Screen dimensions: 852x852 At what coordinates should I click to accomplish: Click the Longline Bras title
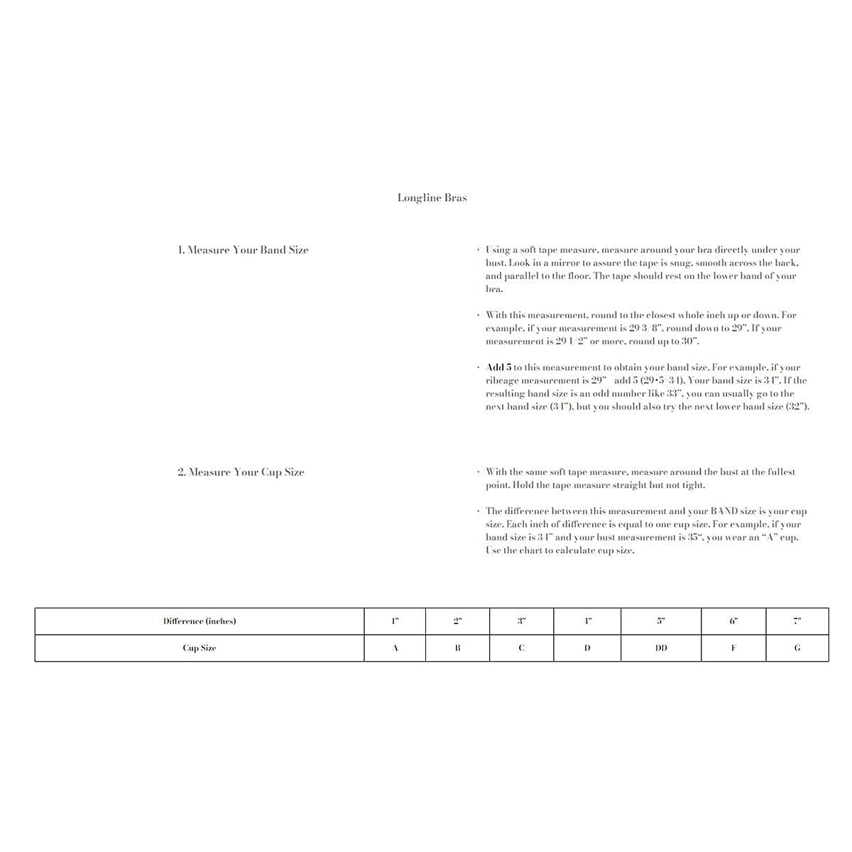[432, 198]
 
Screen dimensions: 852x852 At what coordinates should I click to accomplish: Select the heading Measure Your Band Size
[243, 250]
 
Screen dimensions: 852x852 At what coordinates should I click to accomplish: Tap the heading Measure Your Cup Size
[241, 472]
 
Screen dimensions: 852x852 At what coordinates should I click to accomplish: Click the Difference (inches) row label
[200, 621]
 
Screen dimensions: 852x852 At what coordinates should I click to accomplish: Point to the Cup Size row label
[200, 648]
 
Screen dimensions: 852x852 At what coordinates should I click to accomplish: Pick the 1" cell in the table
[395, 621]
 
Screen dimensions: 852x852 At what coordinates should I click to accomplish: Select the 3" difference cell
[521, 621]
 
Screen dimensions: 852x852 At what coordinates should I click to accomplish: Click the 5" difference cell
[660, 621]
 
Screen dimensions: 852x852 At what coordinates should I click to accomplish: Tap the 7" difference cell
[797, 621]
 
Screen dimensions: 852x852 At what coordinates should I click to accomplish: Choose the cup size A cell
[395, 648]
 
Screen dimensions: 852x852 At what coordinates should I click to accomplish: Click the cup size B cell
[457, 648]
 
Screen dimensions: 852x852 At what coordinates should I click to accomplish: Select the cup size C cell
[521, 648]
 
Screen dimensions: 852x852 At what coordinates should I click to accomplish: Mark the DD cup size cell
[660, 648]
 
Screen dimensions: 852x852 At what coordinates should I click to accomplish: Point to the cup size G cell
[797, 648]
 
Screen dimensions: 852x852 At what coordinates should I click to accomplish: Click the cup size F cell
[733, 648]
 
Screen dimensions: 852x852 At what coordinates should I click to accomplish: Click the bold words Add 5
[498, 368]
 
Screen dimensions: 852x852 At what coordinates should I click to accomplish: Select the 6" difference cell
[733, 621]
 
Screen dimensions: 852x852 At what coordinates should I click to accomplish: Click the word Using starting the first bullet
[498, 250]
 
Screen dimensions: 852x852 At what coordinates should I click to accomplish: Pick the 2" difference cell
[457, 621]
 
